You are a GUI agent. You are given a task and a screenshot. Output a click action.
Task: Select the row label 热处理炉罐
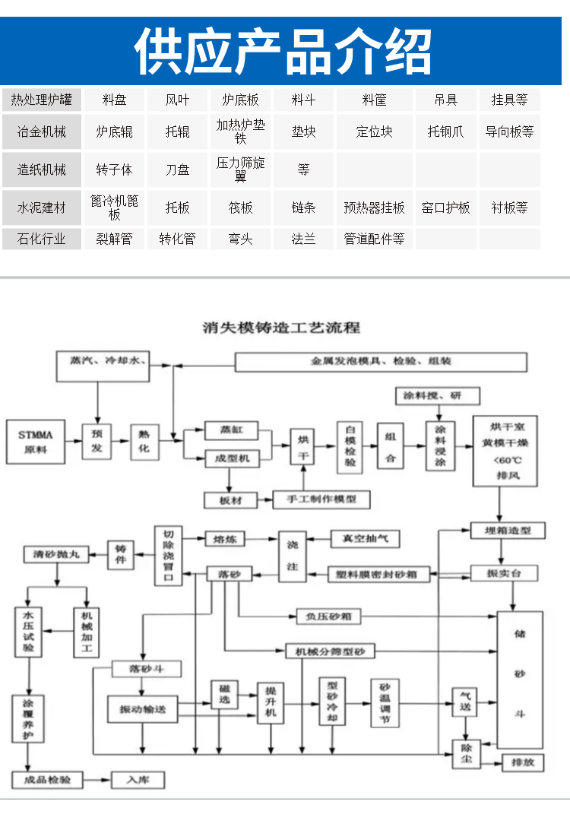[x=42, y=100]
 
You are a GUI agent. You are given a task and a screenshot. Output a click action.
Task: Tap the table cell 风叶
[x=178, y=100]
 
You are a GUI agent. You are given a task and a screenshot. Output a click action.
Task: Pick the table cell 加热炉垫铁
[x=241, y=132]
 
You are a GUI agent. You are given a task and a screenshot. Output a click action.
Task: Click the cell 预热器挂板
[x=374, y=208]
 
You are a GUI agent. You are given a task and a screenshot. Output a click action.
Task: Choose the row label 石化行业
[x=42, y=239]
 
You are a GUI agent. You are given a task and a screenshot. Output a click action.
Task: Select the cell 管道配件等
[x=374, y=239]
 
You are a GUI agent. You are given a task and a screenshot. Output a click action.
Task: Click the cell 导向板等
[x=509, y=132]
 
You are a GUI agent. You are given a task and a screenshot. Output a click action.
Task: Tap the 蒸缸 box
[x=232, y=430]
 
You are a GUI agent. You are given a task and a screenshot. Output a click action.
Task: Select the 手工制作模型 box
[x=321, y=499]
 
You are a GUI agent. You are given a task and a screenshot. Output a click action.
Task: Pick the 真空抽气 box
[x=365, y=538]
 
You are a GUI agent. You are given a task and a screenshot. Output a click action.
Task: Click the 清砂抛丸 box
[x=55, y=555]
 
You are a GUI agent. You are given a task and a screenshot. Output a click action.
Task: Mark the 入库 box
[x=138, y=780]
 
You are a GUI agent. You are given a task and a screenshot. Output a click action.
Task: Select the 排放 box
[x=522, y=762]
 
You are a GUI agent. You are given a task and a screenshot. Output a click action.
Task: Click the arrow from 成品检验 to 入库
[x=97, y=780]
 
